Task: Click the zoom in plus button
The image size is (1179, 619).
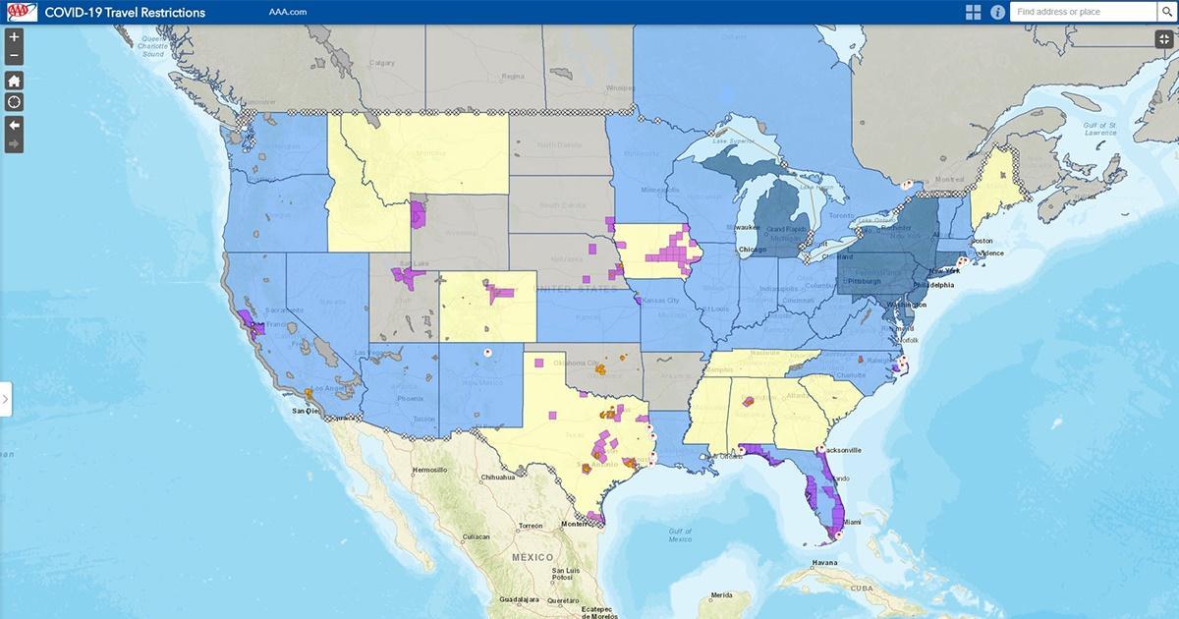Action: pos(15,37)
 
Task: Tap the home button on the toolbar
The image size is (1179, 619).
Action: pos(15,81)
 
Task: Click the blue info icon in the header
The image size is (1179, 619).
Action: pos(997,12)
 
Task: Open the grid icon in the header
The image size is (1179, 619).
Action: pos(973,12)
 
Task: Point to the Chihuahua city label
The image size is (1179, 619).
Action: pos(498,478)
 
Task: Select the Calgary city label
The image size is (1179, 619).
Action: pos(382,63)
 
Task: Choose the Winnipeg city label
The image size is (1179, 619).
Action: pos(621,87)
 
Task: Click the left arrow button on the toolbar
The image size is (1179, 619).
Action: pos(15,124)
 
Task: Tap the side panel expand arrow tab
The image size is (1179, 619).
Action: pos(6,399)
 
